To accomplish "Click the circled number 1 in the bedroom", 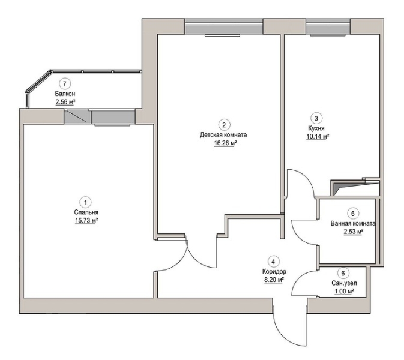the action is coord(85,202).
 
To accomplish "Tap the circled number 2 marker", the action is coord(224,125).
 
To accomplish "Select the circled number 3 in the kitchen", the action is coord(316,118).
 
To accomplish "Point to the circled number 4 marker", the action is coord(273,262).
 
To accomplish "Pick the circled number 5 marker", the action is coord(353,214).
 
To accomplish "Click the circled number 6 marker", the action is coord(343,273).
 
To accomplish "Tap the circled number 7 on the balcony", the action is coord(65,83).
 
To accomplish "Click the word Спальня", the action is coord(86,212).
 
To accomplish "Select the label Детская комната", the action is coord(223,134).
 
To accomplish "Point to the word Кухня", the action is coord(316,128).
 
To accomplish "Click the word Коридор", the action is coord(274,271).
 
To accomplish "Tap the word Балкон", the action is coord(65,94).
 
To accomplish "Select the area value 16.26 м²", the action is coord(225,143).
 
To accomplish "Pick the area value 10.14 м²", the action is coord(318,136).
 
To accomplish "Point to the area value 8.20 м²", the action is coord(274,280).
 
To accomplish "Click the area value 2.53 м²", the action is coord(354,232).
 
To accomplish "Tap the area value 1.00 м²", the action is coord(344,292).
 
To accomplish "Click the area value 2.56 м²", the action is coord(65,102).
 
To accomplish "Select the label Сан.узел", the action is coord(344,283).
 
